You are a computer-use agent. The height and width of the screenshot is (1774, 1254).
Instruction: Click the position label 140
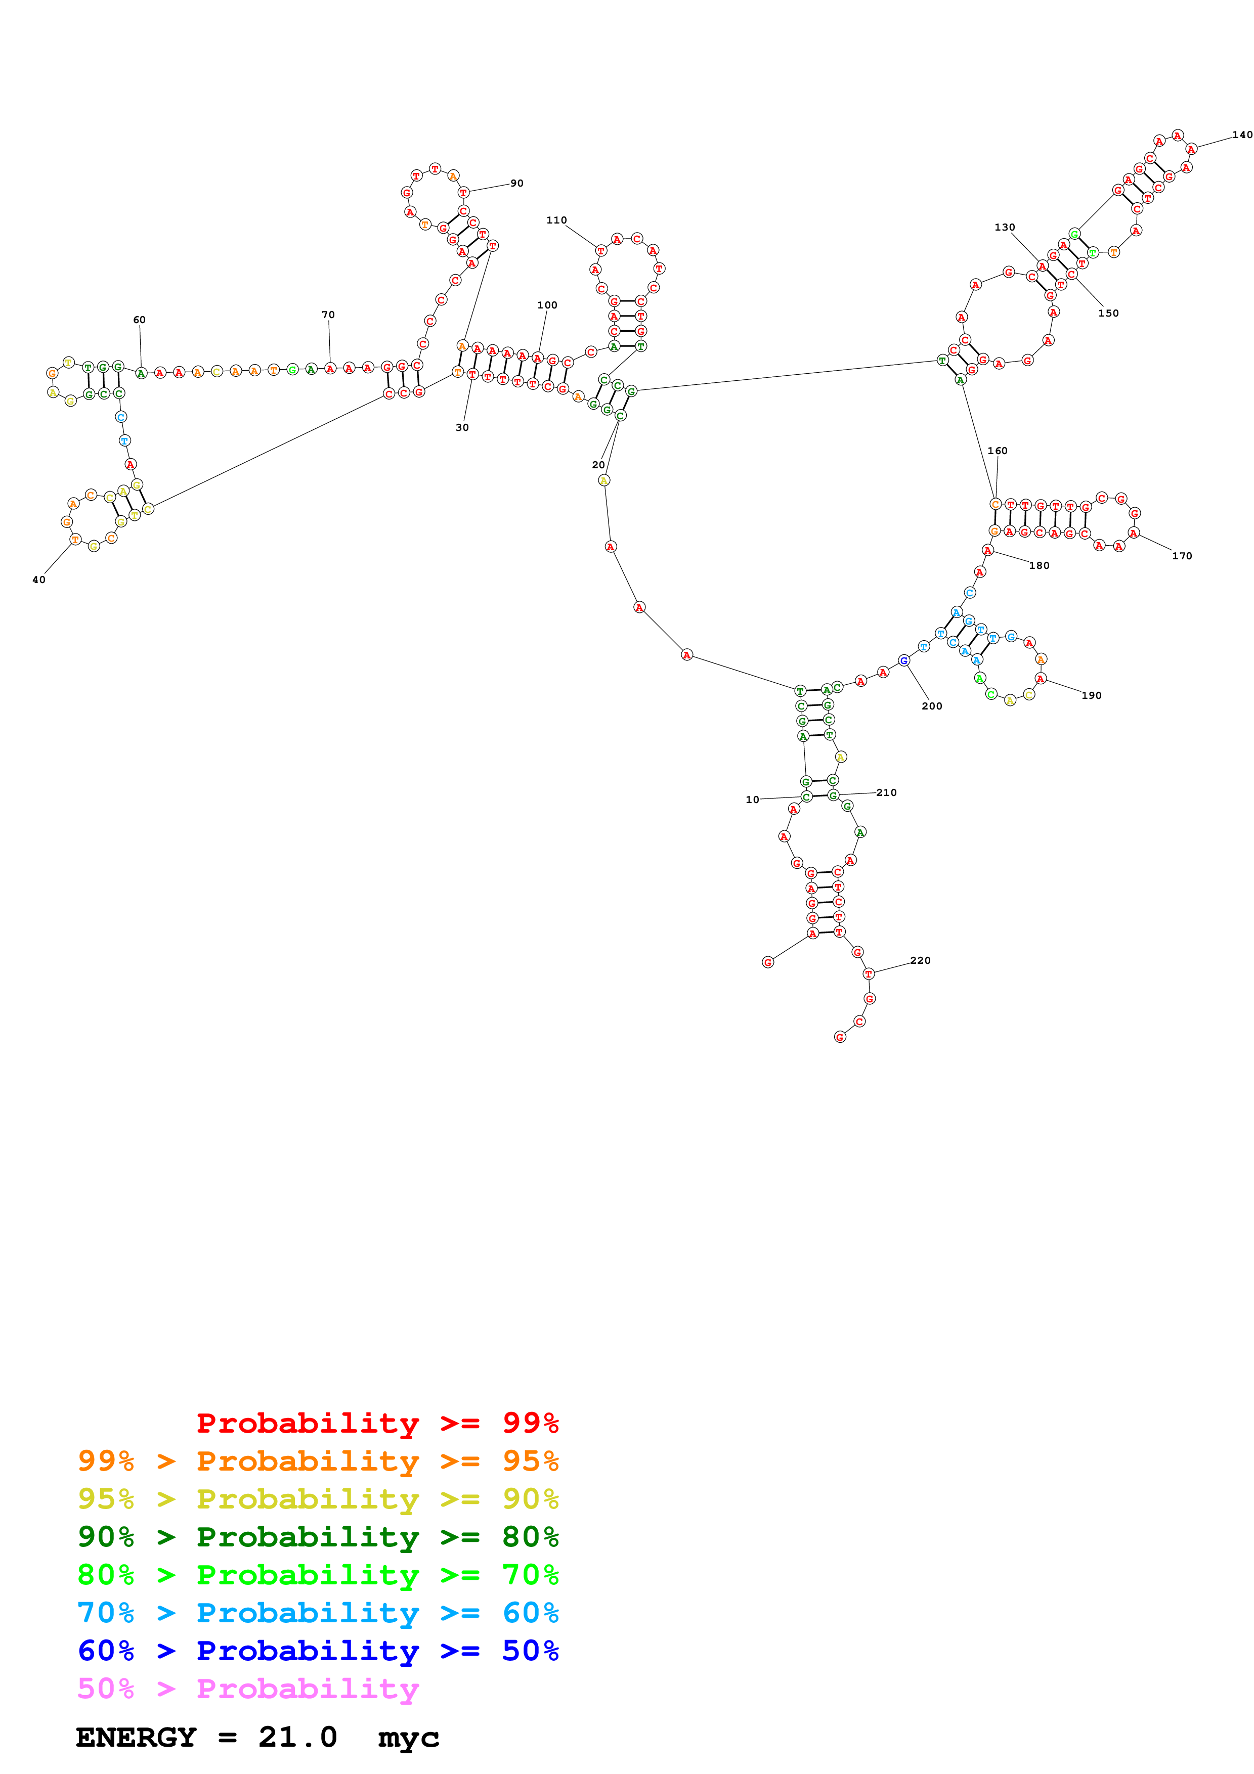[1242, 135]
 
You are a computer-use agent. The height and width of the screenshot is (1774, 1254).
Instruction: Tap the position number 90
[517, 183]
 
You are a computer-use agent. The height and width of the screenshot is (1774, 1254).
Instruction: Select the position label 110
[556, 220]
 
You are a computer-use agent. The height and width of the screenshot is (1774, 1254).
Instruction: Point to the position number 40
[38, 580]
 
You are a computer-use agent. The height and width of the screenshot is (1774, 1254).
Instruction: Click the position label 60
[139, 320]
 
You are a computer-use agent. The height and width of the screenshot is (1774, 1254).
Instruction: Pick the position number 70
[328, 315]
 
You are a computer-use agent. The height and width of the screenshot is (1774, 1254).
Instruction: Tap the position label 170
[1181, 556]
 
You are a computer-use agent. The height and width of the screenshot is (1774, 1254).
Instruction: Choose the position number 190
[1091, 695]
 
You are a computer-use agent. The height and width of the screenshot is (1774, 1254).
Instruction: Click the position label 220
[920, 960]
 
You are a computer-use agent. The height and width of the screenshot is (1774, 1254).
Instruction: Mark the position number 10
[752, 800]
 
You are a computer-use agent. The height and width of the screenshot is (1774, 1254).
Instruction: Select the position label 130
[1005, 227]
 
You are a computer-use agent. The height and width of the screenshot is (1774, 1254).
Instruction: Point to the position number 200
[932, 706]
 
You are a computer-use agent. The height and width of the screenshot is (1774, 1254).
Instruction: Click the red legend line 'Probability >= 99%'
[377, 1423]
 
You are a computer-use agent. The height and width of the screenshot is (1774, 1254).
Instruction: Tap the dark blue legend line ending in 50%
[318, 1651]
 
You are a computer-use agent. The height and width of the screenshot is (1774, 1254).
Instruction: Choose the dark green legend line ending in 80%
[318, 1537]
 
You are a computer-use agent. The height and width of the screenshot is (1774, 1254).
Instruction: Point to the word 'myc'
[409, 1739]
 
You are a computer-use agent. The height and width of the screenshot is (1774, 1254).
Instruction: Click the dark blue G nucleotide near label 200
[903, 660]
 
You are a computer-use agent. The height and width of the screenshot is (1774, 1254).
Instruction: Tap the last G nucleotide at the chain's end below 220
[840, 1037]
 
